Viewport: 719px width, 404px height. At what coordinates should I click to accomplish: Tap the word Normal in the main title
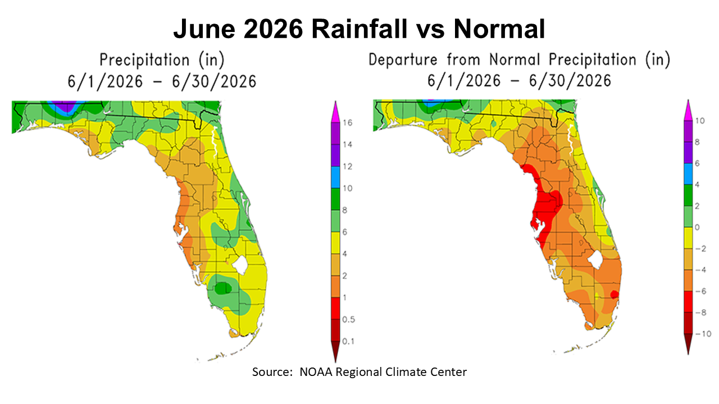click(x=499, y=29)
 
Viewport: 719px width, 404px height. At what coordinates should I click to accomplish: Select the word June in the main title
click(x=204, y=29)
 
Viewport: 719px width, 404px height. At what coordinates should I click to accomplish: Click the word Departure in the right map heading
click(x=403, y=60)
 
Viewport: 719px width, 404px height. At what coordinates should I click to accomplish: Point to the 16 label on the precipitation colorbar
click(x=348, y=122)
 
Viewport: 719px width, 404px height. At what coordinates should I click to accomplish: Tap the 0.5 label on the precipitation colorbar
click(x=349, y=319)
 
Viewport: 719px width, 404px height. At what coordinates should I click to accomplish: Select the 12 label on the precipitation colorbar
click(x=348, y=167)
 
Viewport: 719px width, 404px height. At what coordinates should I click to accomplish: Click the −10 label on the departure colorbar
click(x=703, y=334)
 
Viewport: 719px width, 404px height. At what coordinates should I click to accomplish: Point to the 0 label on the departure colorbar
click(x=698, y=227)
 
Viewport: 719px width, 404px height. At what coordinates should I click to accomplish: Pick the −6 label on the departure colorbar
click(x=700, y=291)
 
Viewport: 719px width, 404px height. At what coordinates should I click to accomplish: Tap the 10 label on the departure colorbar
click(x=700, y=121)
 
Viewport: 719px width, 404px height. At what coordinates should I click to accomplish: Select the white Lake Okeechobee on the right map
click(x=596, y=260)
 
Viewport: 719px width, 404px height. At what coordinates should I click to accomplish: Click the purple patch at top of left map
click(x=65, y=105)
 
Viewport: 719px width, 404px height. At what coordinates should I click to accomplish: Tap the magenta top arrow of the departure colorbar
click(x=688, y=111)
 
